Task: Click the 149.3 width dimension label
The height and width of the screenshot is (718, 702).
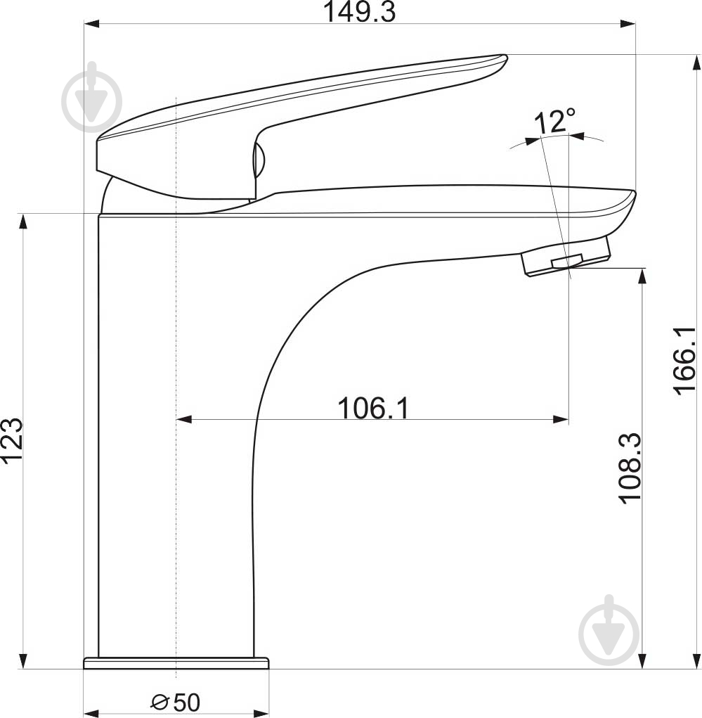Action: click(359, 12)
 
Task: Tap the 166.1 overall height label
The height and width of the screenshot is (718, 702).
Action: click(684, 360)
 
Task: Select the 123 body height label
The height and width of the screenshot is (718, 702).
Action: click(11, 440)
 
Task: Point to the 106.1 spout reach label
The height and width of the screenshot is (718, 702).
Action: click(373, 408)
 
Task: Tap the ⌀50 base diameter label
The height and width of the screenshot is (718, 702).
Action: click(176, 702)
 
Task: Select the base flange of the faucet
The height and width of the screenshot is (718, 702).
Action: click(176, 662)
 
